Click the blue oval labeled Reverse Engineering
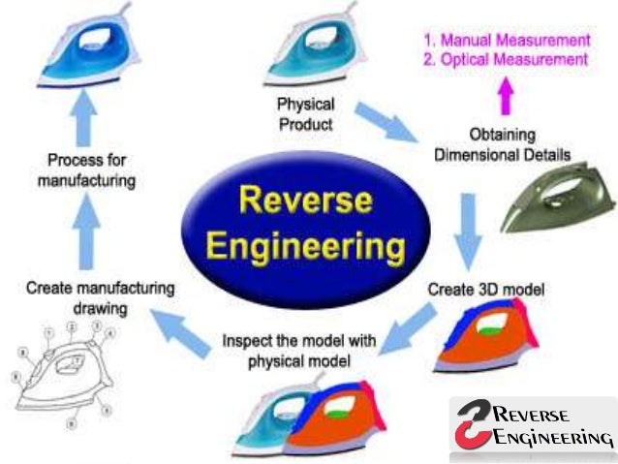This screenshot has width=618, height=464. point(307,220)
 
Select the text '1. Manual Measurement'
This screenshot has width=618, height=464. point(506,41)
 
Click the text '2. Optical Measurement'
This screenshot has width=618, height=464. point(506,60)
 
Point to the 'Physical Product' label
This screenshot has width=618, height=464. point(305,113)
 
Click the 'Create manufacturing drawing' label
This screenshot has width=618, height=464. point(101,296)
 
